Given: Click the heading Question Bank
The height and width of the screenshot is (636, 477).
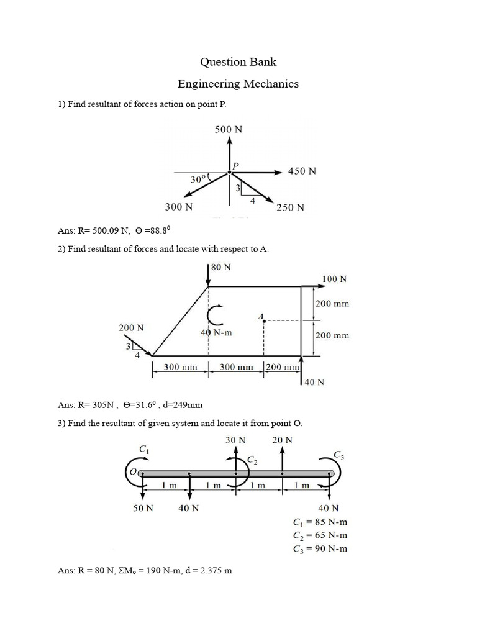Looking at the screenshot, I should coord(238,61).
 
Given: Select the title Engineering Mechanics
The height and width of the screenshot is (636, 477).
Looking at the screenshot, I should coord(238,83).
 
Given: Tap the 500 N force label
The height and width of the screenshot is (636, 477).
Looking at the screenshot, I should coord(229,130).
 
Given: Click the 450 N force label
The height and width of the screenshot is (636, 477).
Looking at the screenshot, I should coord(302,171).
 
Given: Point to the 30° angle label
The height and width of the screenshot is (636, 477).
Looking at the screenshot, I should coord(198,179).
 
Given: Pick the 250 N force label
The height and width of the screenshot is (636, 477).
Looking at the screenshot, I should coord(291,208).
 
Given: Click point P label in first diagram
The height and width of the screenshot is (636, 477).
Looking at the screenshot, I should coord(236,165).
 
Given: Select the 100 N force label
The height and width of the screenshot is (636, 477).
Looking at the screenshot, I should coord(334,279).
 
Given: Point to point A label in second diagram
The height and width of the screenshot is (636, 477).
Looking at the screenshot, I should coord(260,317).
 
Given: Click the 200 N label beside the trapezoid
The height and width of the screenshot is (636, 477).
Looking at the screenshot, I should coord(131,327).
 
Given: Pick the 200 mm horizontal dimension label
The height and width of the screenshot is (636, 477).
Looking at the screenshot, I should coord(283,367).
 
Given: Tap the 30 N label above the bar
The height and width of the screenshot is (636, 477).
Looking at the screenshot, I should coord(235,440).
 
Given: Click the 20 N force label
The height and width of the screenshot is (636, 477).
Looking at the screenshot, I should coord(282,440).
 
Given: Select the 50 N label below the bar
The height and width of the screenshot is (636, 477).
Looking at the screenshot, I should coord(143,508).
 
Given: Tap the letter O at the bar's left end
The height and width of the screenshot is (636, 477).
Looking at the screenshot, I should coord(132,473).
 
